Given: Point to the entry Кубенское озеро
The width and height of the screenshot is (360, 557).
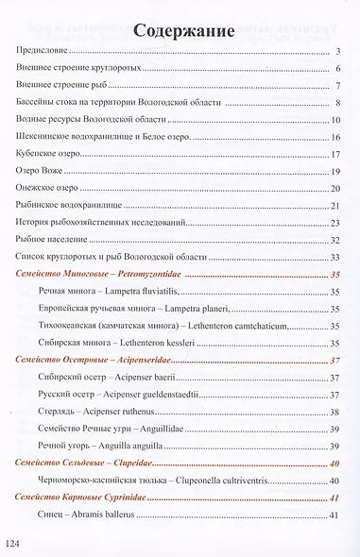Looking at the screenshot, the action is (x=51, y=153).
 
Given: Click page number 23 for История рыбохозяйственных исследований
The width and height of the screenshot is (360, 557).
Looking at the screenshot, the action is (x=334, y=223).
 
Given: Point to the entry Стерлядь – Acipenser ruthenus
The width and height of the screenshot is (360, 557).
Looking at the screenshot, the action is (x=103, y=412).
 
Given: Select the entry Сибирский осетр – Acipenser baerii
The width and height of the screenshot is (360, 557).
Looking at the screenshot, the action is (x=110, y=378).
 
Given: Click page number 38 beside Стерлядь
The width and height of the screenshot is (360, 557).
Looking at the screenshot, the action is (x=334, y=412).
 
